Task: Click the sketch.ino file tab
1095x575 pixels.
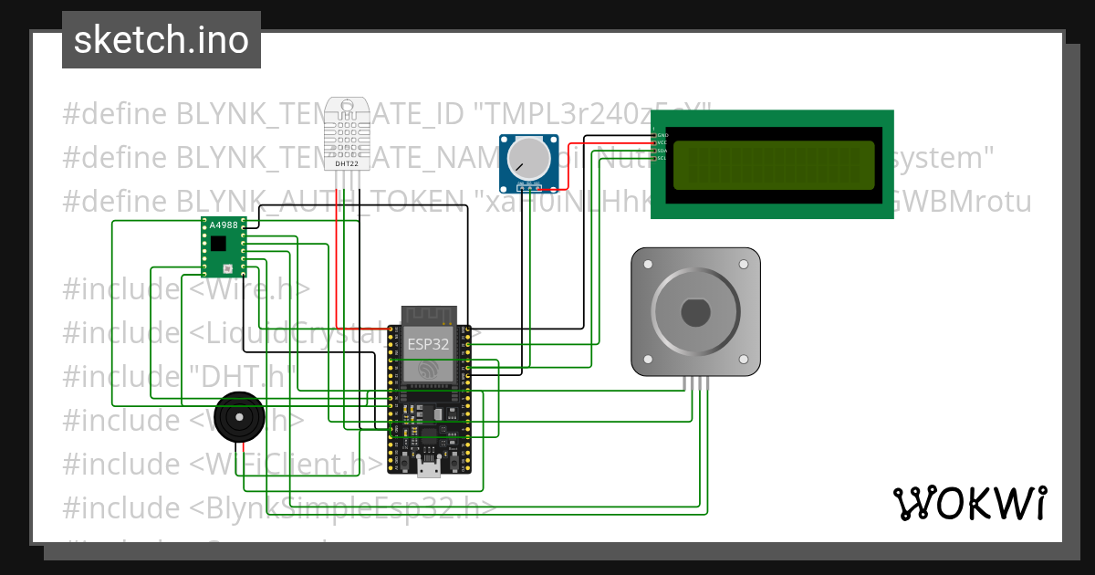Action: click(x=162, y=40)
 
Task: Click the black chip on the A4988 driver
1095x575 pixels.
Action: click(x=218, y=244)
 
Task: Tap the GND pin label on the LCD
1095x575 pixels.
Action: click(x=663, y=135)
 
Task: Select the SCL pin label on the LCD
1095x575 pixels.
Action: click(x=663, y=158)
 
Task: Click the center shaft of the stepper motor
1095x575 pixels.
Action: click(x=695, y=312)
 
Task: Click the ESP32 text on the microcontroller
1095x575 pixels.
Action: click(x=428, y=343)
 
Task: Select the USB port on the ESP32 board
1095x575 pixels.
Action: click(x=427, y=468)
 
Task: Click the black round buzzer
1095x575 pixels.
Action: click(x=240, y=419)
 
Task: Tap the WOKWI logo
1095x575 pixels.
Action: click(x=969, y=503)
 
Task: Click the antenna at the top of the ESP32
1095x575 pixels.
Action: click(x=428, y=315)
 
